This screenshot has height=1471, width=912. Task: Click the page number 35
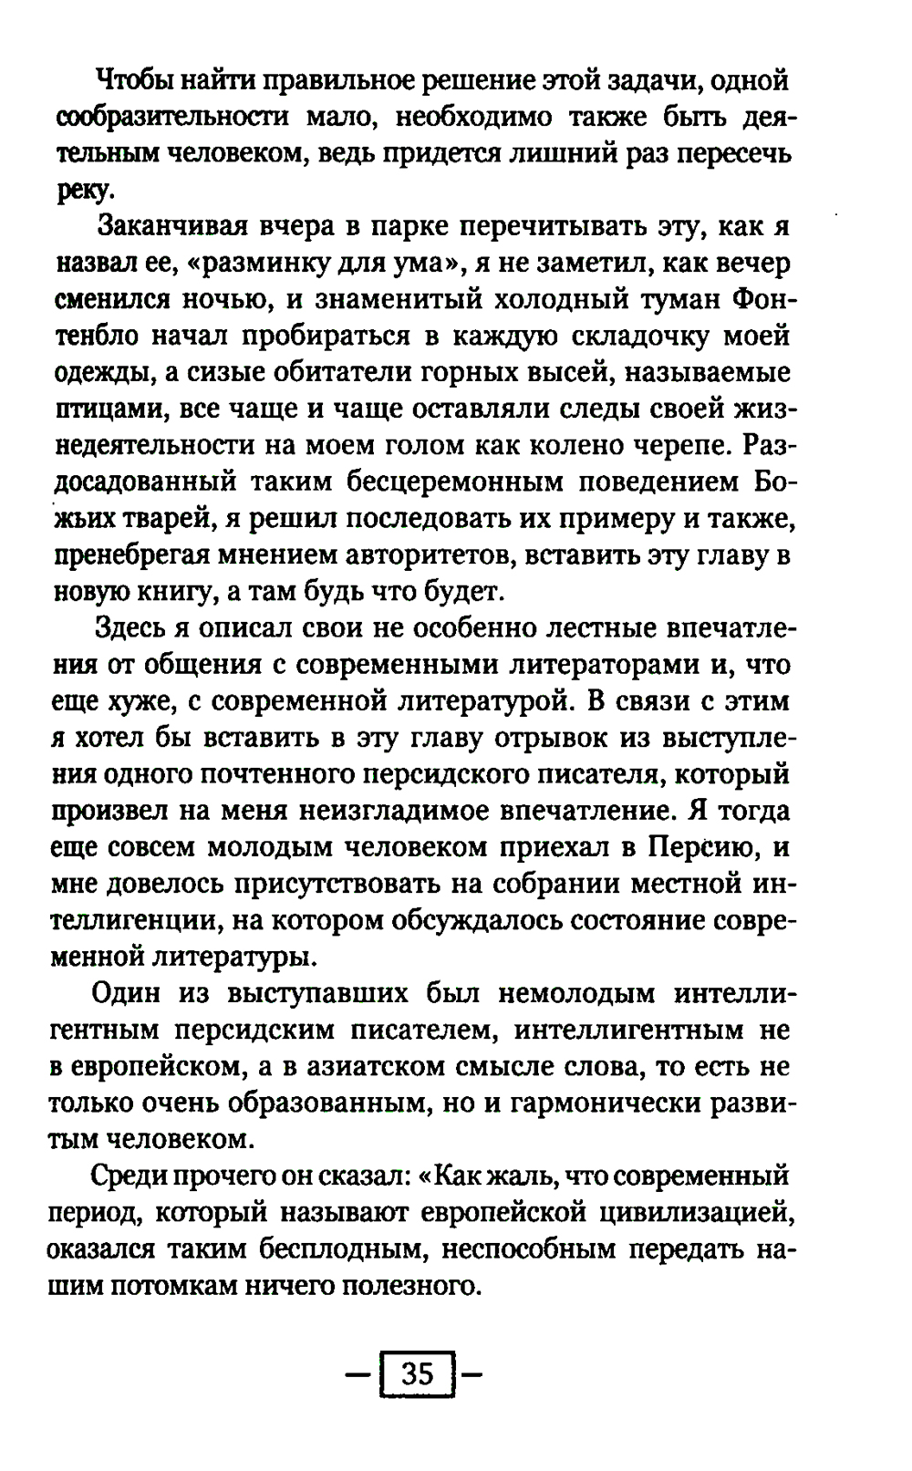coord(417,1373)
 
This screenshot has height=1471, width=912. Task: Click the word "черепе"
coord(683,445)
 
